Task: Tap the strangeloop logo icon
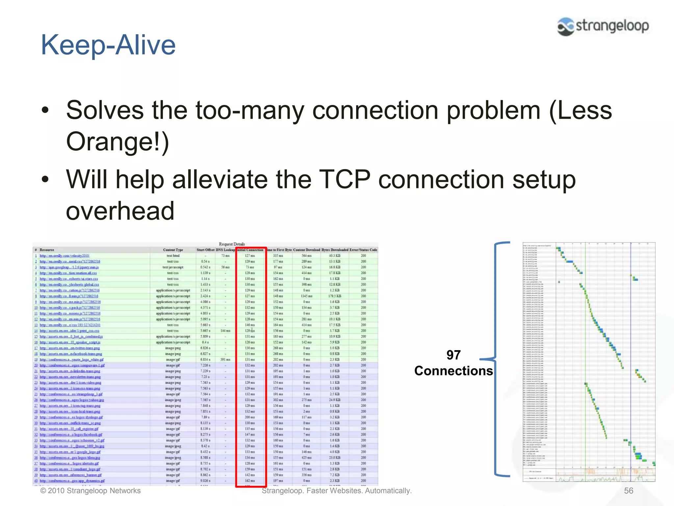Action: point(566,26)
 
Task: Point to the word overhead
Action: point(120,211)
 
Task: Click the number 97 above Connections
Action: point(453,355)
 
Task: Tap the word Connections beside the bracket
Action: point(453,371)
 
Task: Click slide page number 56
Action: point(628,491)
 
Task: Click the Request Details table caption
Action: point(232,244)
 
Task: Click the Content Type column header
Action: point(173,250)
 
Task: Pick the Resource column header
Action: point(47,250)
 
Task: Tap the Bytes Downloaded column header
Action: point(335,250)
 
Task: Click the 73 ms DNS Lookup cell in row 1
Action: point(225,256)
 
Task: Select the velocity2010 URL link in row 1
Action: point(65,256)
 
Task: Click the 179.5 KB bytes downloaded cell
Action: point(335,296)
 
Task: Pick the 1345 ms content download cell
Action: point(306,296)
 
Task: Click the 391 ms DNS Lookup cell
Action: point(225,360)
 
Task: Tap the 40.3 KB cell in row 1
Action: point(335,256)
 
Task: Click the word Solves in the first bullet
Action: point(105,110)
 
